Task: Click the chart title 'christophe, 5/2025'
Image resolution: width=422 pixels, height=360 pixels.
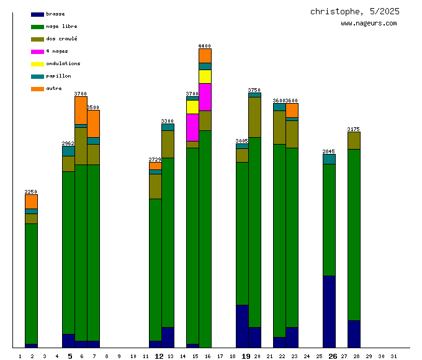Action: [354, 12]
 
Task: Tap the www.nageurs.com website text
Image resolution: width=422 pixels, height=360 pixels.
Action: [369, 24]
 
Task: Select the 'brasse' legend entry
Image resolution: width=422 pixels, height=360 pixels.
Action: [55, 14]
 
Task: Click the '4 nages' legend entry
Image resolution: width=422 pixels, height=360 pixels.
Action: [56, 51]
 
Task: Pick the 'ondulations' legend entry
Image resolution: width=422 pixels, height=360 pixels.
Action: [63, 63]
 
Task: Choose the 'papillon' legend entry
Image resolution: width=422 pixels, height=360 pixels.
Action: [58, 76]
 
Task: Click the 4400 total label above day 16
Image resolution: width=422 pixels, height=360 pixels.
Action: [205, 46]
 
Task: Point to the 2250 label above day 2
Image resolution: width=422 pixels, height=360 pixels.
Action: [31, 192]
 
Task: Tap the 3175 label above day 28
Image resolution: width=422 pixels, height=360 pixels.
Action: [354, 129]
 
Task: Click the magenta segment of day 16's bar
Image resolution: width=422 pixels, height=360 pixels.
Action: [205, 97]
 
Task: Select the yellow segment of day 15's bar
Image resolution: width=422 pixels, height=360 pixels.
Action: [192, 107]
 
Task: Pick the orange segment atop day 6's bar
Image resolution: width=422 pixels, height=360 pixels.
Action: [81, 110]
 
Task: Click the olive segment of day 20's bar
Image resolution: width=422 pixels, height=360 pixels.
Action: [254, 117]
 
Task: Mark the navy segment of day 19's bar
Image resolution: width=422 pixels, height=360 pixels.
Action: [242, 326]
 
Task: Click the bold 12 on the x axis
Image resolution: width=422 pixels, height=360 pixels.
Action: [159, 356]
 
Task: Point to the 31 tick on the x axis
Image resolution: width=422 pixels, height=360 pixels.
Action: [394, 356]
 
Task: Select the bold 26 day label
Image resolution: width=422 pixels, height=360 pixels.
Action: [333, 356]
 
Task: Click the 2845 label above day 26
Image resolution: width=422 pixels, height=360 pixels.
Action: [329, 151]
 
